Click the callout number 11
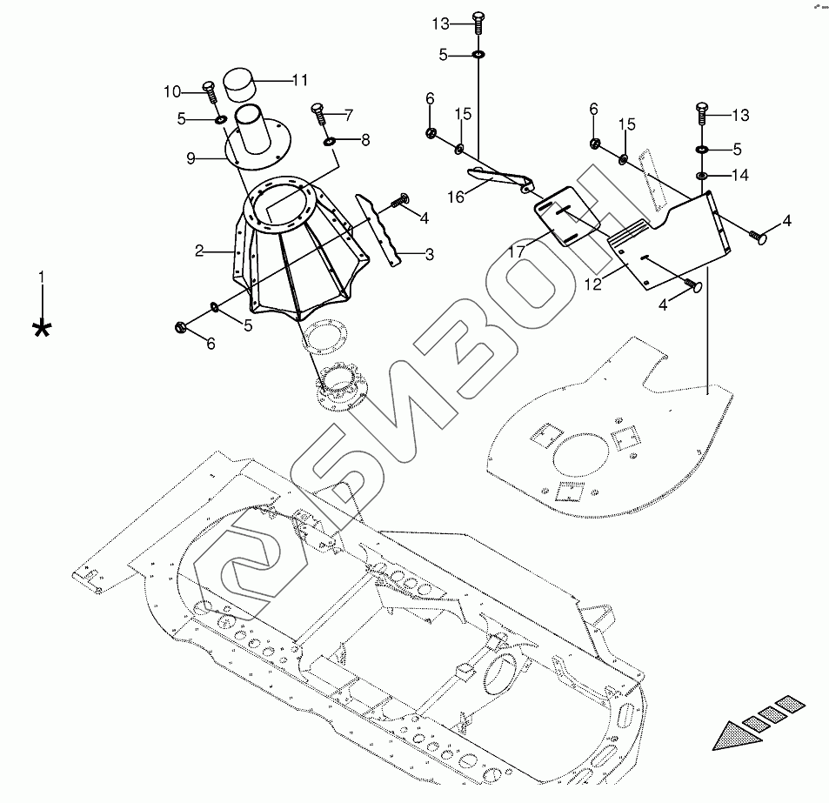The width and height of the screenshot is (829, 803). tap(300, 80)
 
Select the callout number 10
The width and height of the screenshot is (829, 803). tap(170, 91)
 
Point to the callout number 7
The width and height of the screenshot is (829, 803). tap(349, 114)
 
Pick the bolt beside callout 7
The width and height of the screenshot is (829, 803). tap(318, 114)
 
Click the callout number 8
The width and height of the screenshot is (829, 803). tap(364, 139)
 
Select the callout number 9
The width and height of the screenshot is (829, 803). tap(191, 158)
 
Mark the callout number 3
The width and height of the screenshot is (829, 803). tap(429, 254)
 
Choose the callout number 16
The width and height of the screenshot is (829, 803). tap(456, 197)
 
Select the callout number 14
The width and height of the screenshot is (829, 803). tap(739, 175)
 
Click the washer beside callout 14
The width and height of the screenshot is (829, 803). tap(701, 176)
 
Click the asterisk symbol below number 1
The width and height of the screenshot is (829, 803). tap(40, 328)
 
